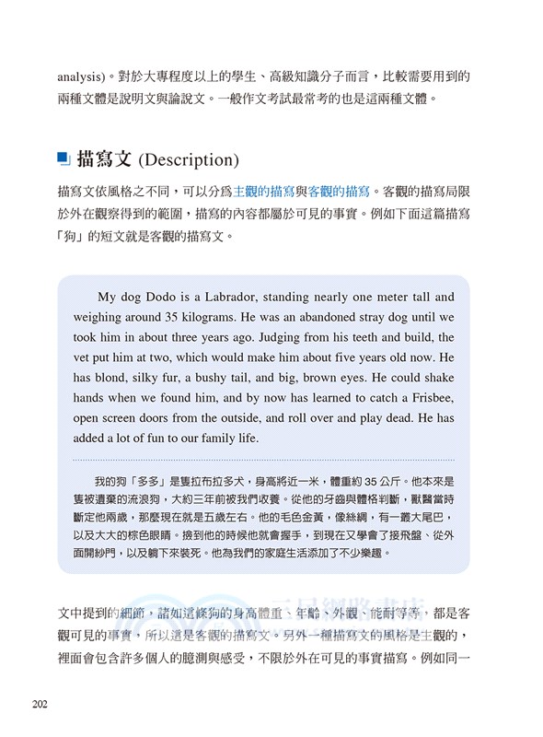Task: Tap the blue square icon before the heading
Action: click(x=64, y=158)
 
